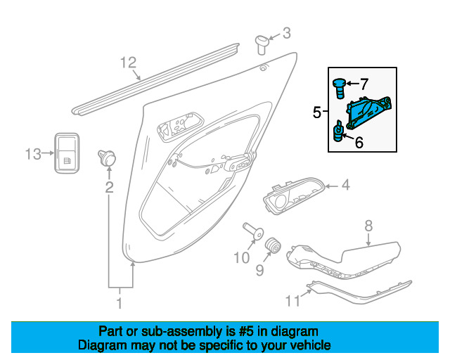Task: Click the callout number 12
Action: [128, 63]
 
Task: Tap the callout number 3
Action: [287, 33]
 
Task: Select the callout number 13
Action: [33, 154]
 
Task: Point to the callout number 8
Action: [368, 226]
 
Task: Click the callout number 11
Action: [292, 300]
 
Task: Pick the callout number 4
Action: [346, 185]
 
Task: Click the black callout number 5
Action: [316, 112]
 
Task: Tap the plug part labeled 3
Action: [262, 44]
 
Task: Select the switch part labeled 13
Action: [67, 153]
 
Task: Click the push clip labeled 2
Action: [108, 157]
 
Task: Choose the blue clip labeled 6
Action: [338, 131]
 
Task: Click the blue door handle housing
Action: [368, 112]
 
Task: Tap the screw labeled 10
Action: [253, 231]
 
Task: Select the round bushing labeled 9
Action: [272, 245]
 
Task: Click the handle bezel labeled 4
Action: [294, 195]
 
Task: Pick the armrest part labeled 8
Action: [343, 260]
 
